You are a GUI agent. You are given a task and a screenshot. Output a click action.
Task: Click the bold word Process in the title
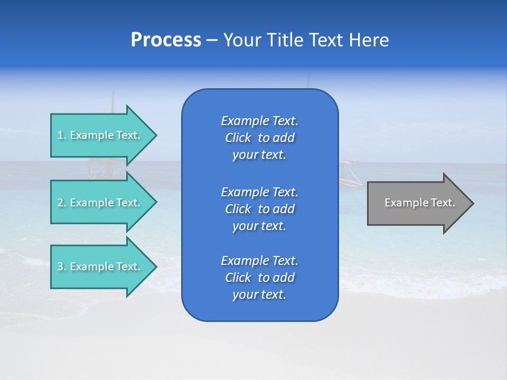(x=166, y=40)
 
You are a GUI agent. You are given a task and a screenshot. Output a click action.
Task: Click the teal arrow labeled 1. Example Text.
(x=100, y=135)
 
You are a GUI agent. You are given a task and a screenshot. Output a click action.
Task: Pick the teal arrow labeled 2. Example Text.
(x=100, y=203)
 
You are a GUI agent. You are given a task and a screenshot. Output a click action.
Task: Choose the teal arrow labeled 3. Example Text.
(x=100, y=267)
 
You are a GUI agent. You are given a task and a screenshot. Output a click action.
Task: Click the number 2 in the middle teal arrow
(x=60, y=203)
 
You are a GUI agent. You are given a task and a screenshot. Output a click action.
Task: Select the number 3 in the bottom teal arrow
(x=60, y=267)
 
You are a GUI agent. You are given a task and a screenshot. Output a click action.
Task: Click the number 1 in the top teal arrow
(x=60, y=136)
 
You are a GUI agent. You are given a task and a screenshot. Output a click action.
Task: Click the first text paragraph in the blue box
(x=259, y=138)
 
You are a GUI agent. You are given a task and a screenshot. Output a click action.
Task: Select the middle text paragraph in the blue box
(x=259, y=209)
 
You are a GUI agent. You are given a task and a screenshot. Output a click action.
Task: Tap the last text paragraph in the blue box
(x=259, y=278)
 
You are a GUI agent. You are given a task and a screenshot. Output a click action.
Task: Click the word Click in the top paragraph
(x=238, y=138)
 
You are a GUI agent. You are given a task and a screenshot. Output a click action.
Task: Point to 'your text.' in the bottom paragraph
(x=259, y=295)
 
